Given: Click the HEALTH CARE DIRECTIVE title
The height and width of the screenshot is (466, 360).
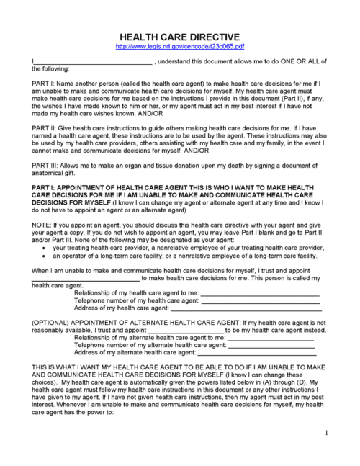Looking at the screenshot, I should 179,36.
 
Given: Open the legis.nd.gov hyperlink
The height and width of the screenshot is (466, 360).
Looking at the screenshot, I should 179,46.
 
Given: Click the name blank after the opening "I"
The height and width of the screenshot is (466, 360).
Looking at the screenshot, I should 93,63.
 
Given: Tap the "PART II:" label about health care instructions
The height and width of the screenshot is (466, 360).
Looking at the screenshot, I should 45,127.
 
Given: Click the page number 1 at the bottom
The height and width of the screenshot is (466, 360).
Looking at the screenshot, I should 326,433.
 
